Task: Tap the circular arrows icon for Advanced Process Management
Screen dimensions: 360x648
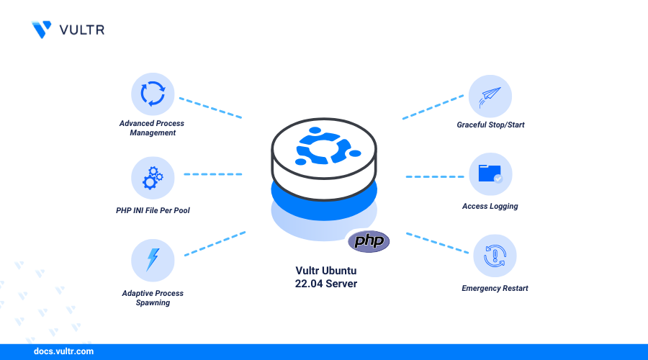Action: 153,94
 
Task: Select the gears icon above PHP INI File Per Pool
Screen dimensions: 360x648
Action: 153,177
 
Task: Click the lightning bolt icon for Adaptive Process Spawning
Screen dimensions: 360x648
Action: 153,260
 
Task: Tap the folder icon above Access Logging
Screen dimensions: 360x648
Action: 490,174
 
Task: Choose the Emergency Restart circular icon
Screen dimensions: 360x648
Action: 495,256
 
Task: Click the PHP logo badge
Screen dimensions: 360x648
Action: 369,240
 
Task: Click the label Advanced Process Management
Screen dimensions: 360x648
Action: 148,128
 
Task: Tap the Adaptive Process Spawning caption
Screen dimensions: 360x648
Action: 153,298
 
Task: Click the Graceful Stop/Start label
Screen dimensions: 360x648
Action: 490,125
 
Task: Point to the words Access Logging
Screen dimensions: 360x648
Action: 490,207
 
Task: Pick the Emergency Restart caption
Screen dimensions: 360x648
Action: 495,289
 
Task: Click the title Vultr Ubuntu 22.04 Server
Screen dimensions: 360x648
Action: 326,277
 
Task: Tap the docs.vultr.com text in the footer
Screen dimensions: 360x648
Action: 63,352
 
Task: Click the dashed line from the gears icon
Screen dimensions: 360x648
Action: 213,174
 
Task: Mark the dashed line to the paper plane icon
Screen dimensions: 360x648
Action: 432,107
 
